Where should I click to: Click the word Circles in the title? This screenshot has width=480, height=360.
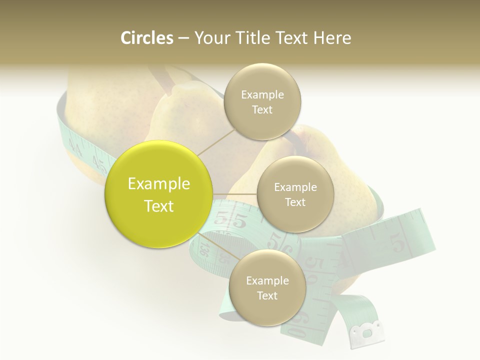click(146, 38)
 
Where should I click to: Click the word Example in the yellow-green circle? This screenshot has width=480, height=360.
click(159, 184)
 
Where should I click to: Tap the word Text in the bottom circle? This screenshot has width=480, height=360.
click(267, 295)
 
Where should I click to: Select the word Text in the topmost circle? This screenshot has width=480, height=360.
click(262, 110)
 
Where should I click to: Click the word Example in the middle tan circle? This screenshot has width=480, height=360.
click(295, 187)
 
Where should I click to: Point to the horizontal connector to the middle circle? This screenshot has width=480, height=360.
click(235, 193)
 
